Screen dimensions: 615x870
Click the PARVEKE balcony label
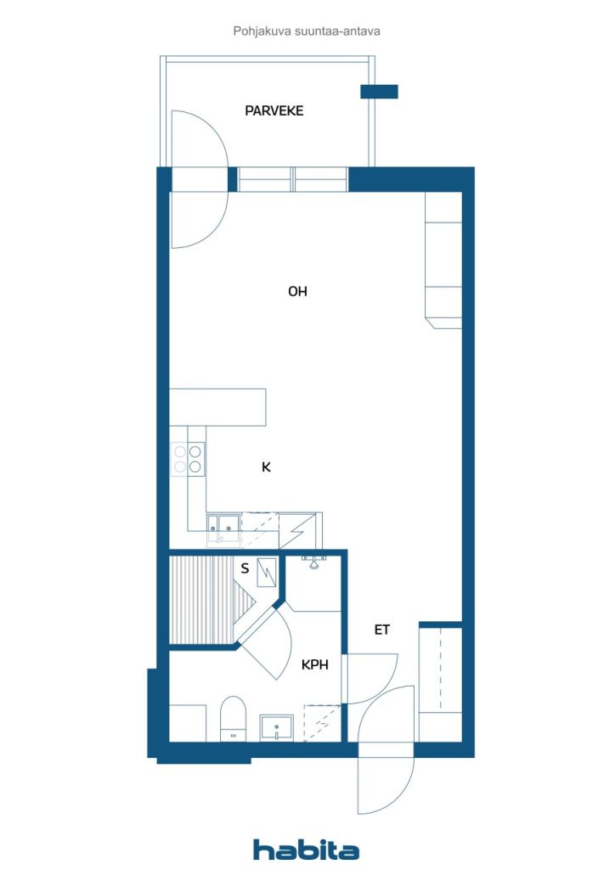[274, 111]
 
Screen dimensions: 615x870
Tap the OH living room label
[297, 291]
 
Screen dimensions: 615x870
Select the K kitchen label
[266, 467]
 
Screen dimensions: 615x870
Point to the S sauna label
[245, 568]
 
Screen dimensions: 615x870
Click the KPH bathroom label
[314, 664]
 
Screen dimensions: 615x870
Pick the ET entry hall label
[381, 630]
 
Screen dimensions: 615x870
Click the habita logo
[306, 850]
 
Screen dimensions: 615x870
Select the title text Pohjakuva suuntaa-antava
[307, 31]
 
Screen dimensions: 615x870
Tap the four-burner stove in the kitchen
[188, 459]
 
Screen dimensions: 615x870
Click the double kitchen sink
[223, 525]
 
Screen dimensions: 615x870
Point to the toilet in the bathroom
[233, 719]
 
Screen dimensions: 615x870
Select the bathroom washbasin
[276, 728]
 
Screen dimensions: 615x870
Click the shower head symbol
[314, 562]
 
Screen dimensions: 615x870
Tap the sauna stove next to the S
[266, 572]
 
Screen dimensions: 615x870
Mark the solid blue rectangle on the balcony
[380, 92]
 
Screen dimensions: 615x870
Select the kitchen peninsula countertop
[217, 407]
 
